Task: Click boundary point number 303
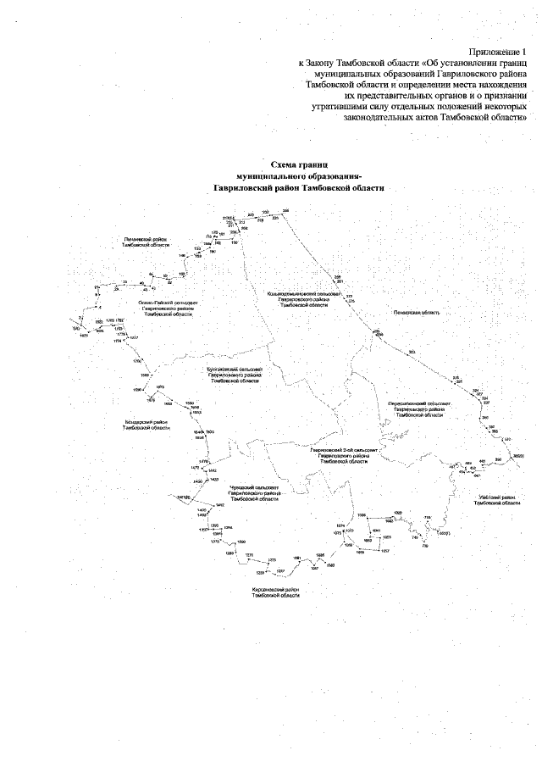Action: point(411,351)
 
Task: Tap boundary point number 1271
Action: point(249,554)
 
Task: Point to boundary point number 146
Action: point(181,254)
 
